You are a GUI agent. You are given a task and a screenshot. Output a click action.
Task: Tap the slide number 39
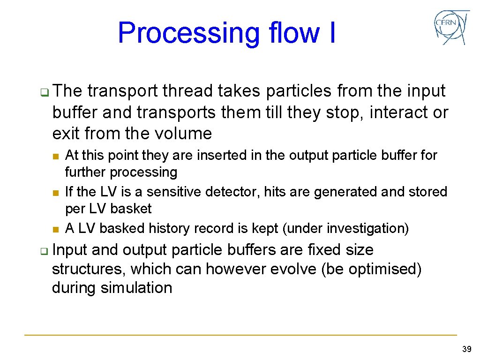[466, 349]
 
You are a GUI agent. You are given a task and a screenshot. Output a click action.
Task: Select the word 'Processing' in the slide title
[187, 33]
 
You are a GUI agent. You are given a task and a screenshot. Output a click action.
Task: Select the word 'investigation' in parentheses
[367, 228]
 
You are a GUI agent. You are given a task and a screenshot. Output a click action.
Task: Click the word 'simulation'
[136, 287]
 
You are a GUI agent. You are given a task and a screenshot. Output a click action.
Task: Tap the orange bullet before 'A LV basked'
[55, 229]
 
